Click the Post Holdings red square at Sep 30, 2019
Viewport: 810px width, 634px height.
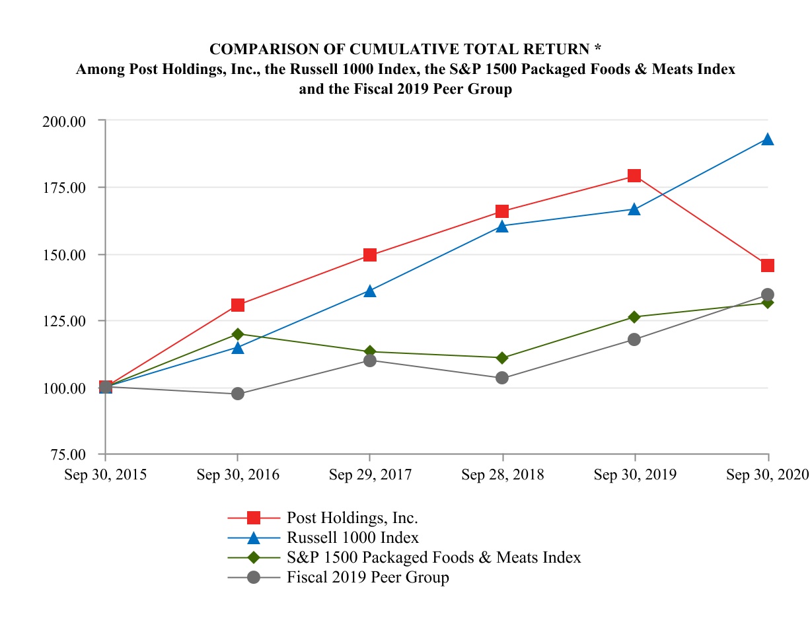pyautogui.click(x=634, y=176)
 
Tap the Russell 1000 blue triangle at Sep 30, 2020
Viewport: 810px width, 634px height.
pyautogui.click(x=767, y=139)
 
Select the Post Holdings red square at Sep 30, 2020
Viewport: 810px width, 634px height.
pyautogui.click(x=767, y=265)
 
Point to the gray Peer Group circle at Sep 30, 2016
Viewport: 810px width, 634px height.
pyautogui.click(x=238, y=394)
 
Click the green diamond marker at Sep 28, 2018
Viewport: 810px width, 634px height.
pyautogui.click(x=502, y=358)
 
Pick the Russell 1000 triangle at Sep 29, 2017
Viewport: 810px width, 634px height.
pyautogui.click(x=370, y=291)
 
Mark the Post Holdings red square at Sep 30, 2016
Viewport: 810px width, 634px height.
pyautogui.click(x=238, y=305)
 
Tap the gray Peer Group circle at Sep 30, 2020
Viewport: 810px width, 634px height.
pyautogui.click(x=767, y=295)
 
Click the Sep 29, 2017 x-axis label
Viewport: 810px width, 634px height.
pyautogui.click(x=370, y=475)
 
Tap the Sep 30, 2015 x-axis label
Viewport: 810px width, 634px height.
pyautogui.click(x=106, y=475)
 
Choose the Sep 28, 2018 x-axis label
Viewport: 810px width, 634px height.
pyautogui.click(x=503, y=475)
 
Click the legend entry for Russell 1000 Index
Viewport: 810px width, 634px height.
pyautogui.click(x=353, y=537)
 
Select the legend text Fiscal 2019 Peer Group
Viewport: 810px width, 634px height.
pyautogui.click(x=367, y=577)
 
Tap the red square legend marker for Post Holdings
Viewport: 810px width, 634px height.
pyautogui.click(x=254, y=517)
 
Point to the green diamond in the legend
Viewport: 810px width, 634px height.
pyautogui.click(x=254, y=557)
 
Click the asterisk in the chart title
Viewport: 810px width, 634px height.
pyautogui.click(x=597, y=49)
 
